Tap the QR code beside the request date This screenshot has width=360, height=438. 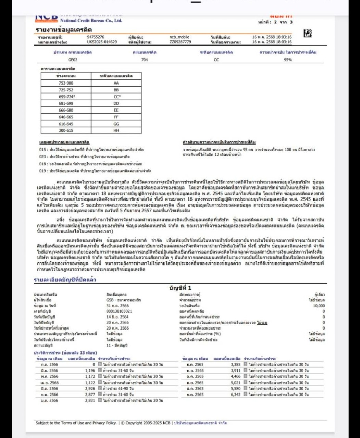click(308, 33)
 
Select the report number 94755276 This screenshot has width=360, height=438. click(96, 37)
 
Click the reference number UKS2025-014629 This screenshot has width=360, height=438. click(102, 42)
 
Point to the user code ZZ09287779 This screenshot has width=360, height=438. click(180, 42)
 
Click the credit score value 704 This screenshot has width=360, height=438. click(145, 60)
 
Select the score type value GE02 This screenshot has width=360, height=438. click(73, 60)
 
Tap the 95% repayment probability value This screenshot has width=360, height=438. click(288, 60)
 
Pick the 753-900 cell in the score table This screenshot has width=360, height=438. click(66, 83)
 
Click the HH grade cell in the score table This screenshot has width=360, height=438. click(116, 130)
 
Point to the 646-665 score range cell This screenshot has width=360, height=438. click(66, 117)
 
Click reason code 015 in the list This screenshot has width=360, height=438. click(42, 150)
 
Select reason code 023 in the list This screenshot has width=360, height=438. click(42, 157)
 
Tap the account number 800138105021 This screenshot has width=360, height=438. click(119, 311)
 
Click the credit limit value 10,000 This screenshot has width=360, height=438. click(319, 306)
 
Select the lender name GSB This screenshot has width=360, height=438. click(110, 300)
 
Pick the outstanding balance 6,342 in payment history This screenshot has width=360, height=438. click(236, 395)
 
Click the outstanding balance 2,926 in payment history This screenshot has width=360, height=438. click(90, 389)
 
